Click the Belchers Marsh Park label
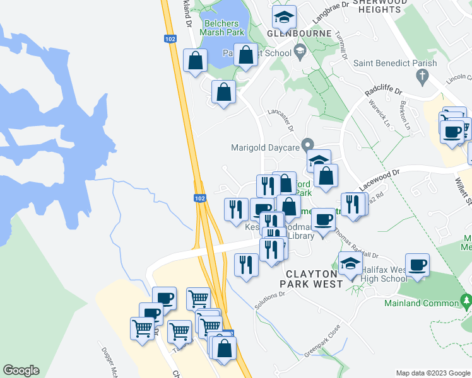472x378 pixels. (221, 28)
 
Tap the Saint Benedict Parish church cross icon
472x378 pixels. (423, 77)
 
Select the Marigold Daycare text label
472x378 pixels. (263, 147)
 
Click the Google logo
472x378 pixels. (21, 370)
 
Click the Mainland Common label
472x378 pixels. (422, 303)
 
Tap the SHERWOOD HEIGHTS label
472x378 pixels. (380, 7)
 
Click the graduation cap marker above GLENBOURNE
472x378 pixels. (285, 18)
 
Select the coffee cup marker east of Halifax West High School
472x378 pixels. (417, 265)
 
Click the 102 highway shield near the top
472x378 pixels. (169, 38)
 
